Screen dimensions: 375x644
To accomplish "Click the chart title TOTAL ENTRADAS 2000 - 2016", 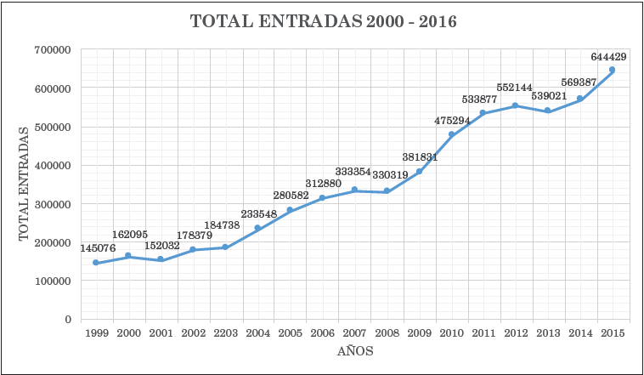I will click(x=323, y=22).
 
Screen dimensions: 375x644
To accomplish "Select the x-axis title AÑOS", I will click(x=354, y=350).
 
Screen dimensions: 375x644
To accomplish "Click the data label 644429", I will click(x=608, y=57).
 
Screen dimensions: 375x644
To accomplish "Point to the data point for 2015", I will click(x=612, y=70).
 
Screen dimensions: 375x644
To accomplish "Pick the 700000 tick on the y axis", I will click(x=52, y=50).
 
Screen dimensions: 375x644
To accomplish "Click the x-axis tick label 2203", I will click(x=224, y=332).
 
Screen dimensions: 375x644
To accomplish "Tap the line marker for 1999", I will click(x=96, y=263).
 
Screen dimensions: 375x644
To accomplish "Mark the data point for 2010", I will click(x=451, y=134).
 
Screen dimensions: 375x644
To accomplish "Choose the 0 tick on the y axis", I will click(x=66, y=319).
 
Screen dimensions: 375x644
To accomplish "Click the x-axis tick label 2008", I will click(x=386, y=332).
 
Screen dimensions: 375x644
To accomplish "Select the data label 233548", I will click(x=258, y=213).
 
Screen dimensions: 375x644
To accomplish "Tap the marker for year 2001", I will click(x=160, y=259).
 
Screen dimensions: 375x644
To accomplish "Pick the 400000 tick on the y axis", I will click(x=52, y=166).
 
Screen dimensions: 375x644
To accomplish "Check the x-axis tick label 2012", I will click(x=515, y=332).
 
